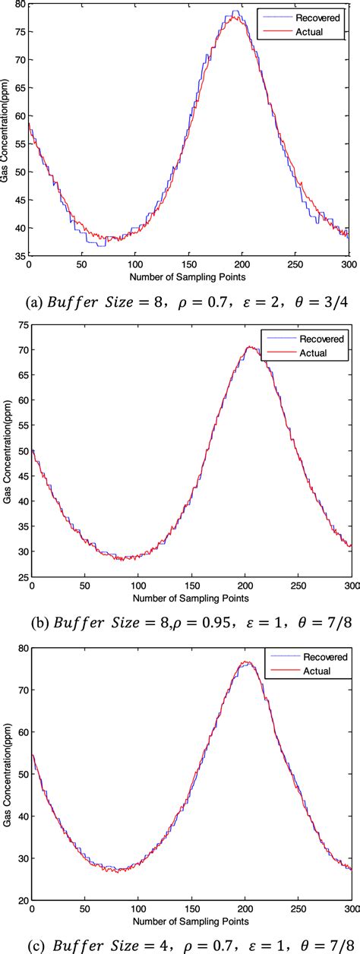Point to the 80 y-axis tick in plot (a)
pos(19,5)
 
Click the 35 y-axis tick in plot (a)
pos(19,256)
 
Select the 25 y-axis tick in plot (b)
pos(19,577)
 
